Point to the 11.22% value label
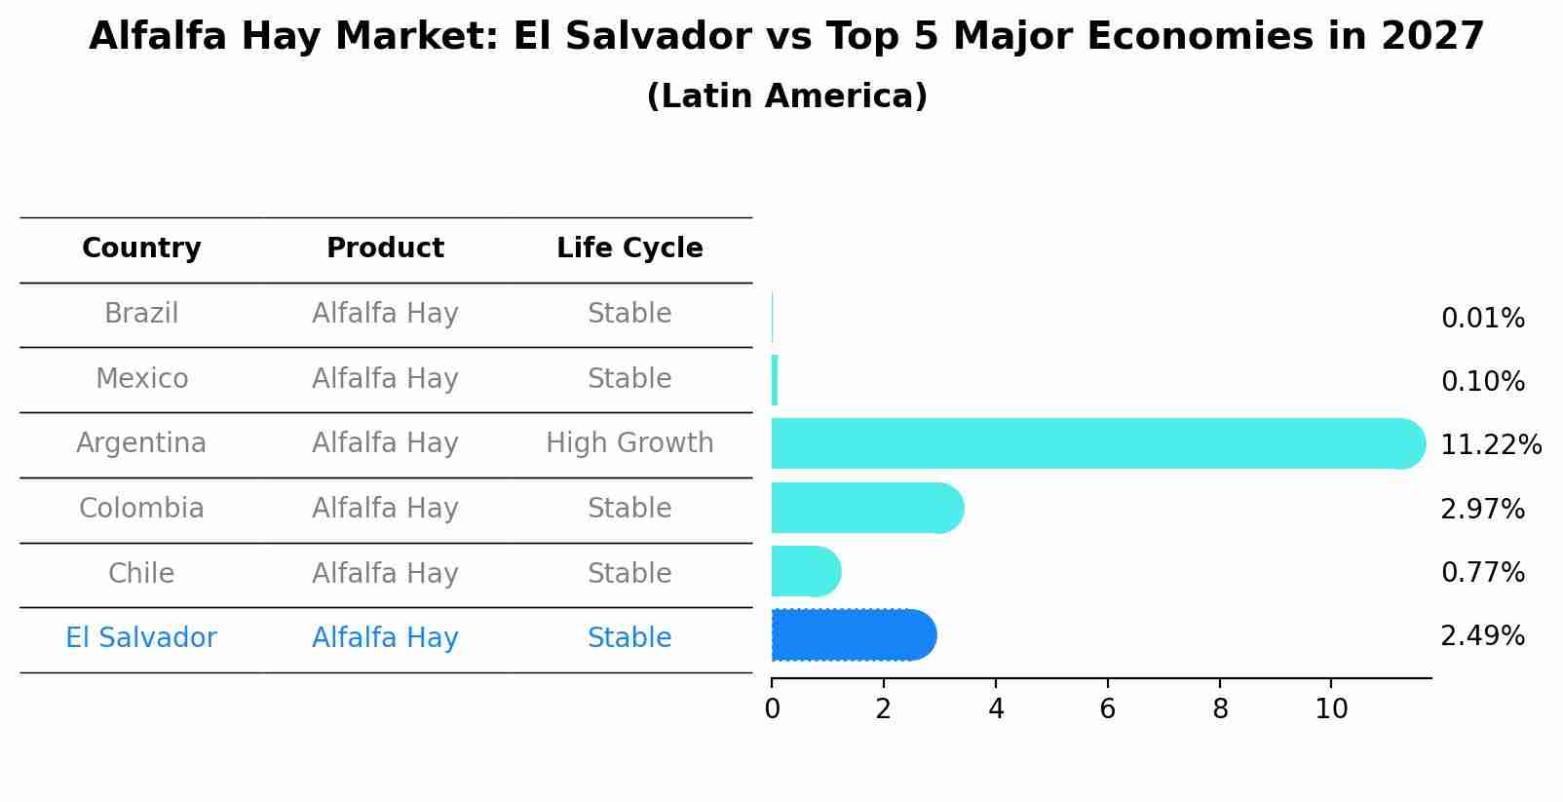[1490, 445]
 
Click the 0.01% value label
[1482, 319]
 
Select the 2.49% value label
[1482, 636]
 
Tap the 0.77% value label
[1482, 573]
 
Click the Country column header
[141, 248]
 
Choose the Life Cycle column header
[629, 248]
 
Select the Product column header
[385, 248]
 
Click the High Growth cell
[629, 443]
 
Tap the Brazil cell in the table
[141, 314]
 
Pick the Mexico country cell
[141, 378]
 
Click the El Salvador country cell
[141, 638]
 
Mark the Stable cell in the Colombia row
[629, 509]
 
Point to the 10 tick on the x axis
[1331, 709]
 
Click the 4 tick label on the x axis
[996, 709]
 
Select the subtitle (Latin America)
[786, 96]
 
